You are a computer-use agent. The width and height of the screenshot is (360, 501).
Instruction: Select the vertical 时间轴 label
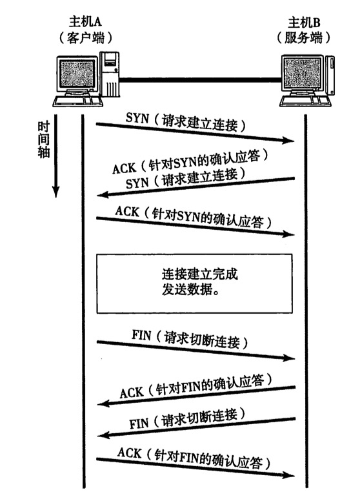(41, 140)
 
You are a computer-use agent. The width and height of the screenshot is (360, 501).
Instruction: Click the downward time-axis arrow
(56, 155)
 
